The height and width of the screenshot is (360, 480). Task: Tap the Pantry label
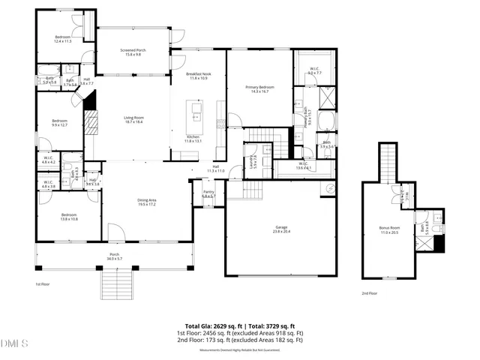[209, 194]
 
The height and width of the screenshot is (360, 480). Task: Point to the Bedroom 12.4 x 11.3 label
[62, 39]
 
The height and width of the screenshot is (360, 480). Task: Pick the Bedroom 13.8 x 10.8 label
[63, 217]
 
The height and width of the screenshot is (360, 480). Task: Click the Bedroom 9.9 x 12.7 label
[60, 123]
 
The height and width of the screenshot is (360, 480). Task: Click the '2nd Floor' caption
[369, 293]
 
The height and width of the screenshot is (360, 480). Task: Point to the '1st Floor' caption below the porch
[43, 285]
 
